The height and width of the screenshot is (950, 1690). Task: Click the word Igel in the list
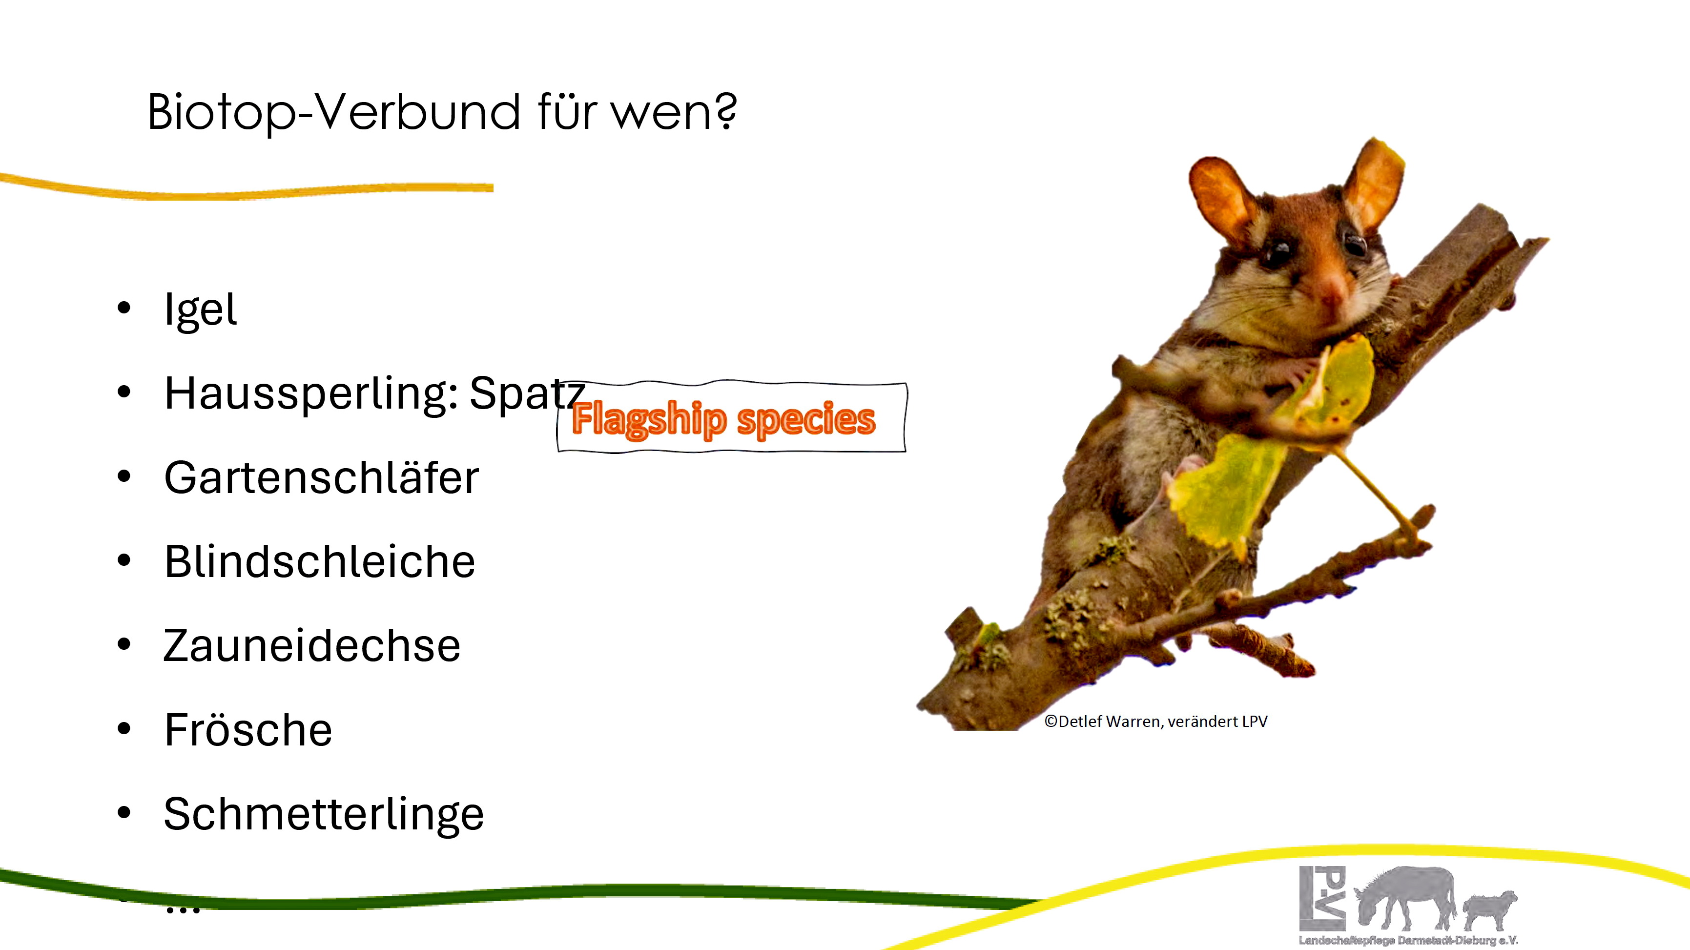tap(200, 310)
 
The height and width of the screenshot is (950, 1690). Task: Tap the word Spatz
tap(527, 393)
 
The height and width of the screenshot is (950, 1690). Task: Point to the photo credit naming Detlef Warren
tap(1155, 722)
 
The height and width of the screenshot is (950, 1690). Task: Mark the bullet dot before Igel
tap(124, 308)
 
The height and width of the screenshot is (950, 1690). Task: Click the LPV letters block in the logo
tap(1322, 897)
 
